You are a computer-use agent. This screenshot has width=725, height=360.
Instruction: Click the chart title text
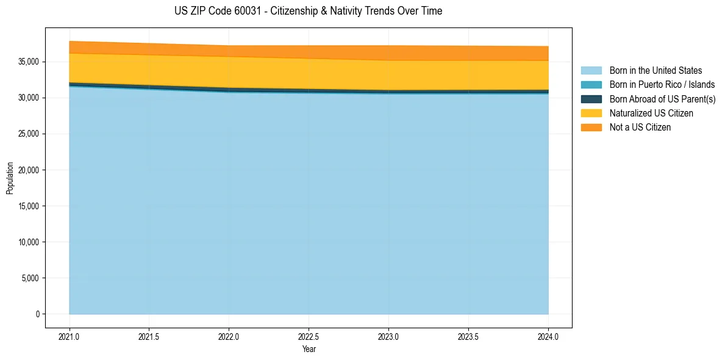[308, 11]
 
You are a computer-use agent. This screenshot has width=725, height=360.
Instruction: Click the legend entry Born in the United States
[655, 71]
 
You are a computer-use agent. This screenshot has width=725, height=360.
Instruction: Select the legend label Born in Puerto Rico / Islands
[662, 85]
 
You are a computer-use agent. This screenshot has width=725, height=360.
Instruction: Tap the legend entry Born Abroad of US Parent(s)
[662, 99]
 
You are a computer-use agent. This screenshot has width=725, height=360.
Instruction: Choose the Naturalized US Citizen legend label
[651, 113]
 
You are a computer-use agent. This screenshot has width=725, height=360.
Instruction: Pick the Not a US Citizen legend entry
[640, 128]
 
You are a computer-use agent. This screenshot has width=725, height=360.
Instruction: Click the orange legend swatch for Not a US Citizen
[591, 128]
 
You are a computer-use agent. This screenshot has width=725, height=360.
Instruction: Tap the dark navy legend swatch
[591, 99]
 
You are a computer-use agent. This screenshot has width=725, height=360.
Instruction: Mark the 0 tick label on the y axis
[37, 314]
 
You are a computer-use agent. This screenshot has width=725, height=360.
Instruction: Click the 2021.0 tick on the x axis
[70, 336]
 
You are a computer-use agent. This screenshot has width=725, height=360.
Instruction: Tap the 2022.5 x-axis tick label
[309, 336]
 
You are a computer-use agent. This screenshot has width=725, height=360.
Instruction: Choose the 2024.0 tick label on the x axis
[548, 336]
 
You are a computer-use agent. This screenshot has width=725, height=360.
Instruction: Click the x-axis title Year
[309, 349]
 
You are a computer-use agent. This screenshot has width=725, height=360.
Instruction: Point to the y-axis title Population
[10, 178]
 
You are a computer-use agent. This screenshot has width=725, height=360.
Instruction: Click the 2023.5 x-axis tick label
[468, 336]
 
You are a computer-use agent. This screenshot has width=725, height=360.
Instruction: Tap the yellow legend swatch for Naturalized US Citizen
[591, 113]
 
